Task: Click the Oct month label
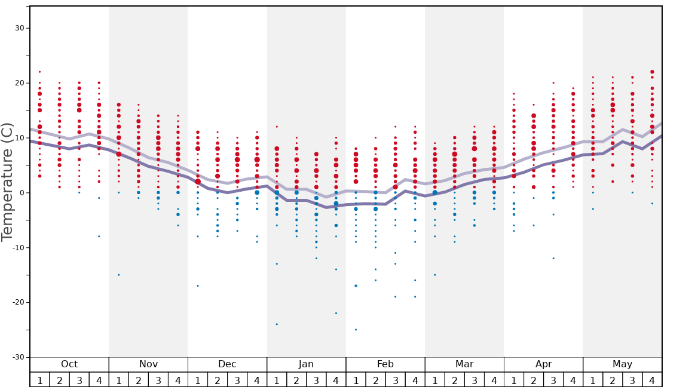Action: coord(69,364)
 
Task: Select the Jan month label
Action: coord(306,364)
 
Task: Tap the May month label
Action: coord(622,364)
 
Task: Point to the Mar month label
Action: coord(464,364)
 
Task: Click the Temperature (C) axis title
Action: coord(7,182)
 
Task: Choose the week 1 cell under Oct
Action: coord(39,380)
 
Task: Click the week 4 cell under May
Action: coord(652,380)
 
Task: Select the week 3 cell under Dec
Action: coord(237,380)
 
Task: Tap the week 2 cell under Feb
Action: coord(375,380)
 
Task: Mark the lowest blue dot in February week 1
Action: coord(356,330)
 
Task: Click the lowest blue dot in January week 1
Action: coord(277,324)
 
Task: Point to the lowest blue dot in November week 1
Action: coord(119,275)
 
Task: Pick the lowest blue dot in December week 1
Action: coord(198,285)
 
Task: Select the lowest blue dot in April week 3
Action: coord(553,259)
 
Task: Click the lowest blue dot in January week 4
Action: coord(336,313)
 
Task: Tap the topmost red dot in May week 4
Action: coord(652,72)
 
